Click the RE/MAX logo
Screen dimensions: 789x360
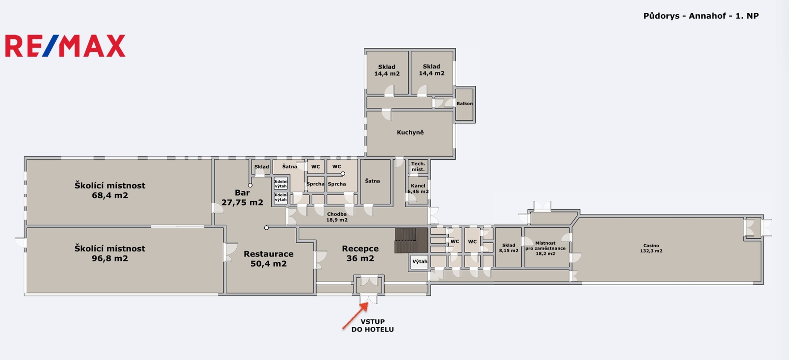click(65, 46)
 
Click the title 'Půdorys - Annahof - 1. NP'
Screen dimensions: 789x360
click(701, 16)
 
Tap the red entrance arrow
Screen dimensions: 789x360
click(355, 316)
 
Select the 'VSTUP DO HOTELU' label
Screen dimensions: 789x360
click(373, 325)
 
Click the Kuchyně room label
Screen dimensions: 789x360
click(410, 133)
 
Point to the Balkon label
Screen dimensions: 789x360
click(465, 104)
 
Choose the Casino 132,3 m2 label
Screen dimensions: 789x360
click(651, 249)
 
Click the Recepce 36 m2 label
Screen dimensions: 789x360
click(360, 253)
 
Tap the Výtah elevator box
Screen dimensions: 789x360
click(420, 262)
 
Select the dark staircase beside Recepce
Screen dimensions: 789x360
click(411, 240)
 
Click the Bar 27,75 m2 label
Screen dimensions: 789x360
click(242, 198)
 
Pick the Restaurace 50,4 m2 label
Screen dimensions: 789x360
click(268, 258)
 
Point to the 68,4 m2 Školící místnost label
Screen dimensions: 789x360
click(110, 190)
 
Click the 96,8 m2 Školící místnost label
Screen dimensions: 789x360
click(110, 253)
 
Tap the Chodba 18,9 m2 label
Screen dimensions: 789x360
click(337, 217)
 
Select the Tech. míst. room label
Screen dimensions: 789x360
click(418, 167)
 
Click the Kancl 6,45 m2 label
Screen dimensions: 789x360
click(418, 189)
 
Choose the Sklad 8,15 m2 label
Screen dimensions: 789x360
click(508, 248)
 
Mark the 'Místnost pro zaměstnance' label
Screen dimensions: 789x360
click(545, 248)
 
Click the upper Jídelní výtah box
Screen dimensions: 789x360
click(281, 184)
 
